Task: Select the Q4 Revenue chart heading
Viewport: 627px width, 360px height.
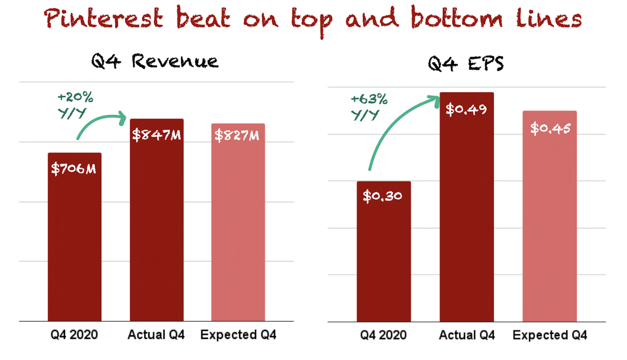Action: (155, 62)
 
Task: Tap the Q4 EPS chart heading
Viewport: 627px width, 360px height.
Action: (466, 64)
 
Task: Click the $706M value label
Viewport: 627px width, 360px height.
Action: (74, 169)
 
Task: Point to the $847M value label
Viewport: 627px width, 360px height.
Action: (156, 135)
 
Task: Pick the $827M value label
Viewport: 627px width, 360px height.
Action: (237, 135)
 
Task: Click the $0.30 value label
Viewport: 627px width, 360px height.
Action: (383, 196)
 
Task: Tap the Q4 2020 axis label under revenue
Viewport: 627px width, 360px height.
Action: (74, 336)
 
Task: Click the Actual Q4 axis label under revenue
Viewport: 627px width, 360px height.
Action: (156, 336)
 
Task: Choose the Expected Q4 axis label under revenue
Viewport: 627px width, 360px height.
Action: (239, 336)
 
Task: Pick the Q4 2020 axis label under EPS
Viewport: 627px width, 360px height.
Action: (384, 336)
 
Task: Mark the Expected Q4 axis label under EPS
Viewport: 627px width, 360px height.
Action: (550, 336)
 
